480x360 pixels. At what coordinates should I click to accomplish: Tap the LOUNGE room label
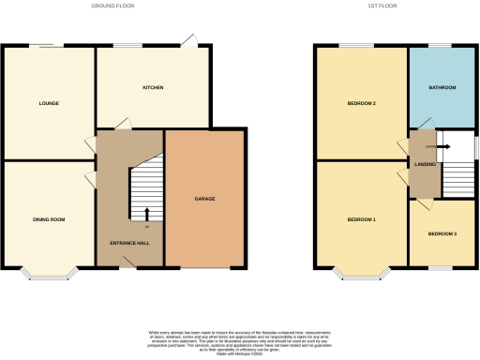50,103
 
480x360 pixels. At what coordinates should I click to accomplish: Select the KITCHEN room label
153,87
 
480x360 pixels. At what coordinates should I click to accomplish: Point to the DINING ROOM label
49,219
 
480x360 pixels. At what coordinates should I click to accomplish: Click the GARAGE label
205,200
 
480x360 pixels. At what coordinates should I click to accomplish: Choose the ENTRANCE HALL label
130,243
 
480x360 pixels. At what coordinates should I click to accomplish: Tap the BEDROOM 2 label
361,103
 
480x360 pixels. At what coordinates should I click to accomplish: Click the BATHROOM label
442,87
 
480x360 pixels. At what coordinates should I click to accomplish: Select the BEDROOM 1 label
361,219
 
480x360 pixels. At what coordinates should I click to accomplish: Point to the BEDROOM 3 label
442,233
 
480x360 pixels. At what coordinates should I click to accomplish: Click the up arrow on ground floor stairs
147,215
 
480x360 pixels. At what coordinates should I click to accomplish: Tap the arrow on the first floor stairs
442,146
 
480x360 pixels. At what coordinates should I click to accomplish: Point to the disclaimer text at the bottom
239,341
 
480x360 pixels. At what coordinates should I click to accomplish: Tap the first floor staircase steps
458,178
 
